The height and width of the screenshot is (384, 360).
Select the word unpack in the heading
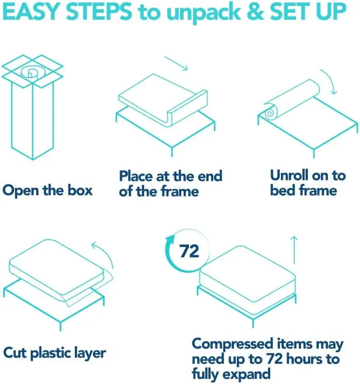204,13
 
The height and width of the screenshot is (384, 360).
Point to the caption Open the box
48,190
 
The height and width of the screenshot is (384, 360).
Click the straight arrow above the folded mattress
176,63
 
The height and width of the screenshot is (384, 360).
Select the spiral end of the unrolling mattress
270,113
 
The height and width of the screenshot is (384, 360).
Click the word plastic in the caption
51,354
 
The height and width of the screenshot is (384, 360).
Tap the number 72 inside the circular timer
189,251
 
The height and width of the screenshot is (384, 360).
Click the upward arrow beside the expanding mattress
294,250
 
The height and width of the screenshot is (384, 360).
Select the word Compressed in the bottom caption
232,344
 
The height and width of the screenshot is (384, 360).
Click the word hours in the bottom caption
304,359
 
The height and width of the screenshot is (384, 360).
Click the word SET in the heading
290,11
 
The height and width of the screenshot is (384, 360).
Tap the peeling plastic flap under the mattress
91,290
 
